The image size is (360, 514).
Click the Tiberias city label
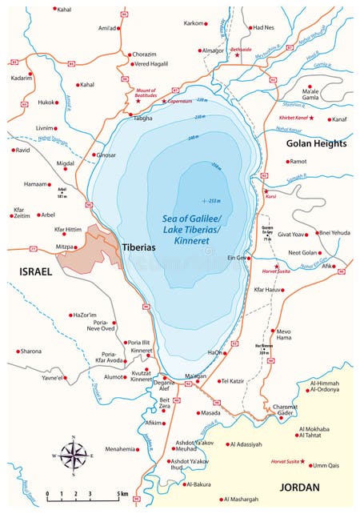click(142, 247)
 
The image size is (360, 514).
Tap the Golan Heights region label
click(316, 143)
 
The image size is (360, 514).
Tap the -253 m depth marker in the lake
click(212, 200)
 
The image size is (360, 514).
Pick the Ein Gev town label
click(236, 258)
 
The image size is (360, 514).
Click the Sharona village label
click(30, 351)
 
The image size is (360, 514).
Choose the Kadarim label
click(22, 78)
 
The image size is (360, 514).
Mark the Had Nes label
click(263, 27)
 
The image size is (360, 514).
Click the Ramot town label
click(297, 161)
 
